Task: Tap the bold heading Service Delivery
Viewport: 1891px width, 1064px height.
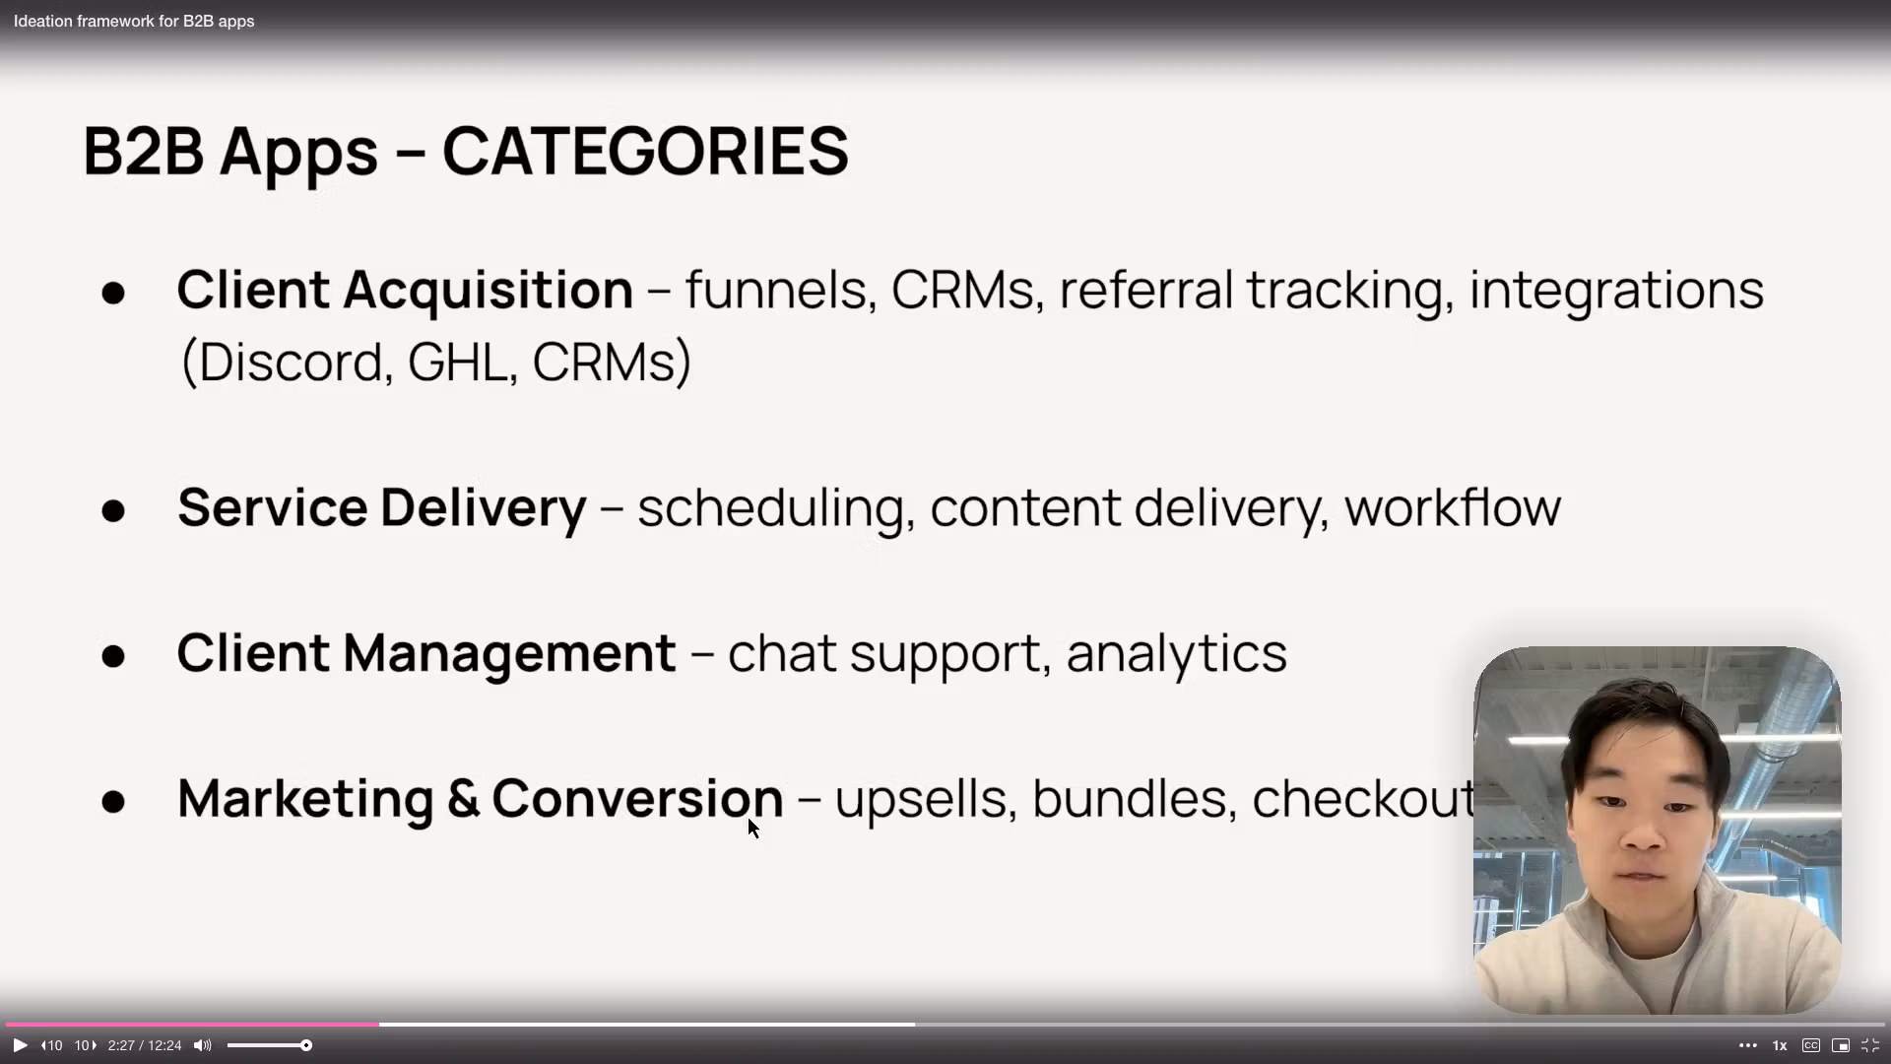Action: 381,508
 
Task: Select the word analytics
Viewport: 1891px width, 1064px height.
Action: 1176,654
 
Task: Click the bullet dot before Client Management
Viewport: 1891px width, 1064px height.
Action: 113,656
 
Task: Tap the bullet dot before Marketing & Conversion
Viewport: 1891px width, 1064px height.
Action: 113,801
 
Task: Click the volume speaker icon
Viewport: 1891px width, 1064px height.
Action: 203,1045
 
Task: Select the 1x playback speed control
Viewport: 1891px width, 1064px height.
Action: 1780,1045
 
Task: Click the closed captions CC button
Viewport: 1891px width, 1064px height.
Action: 1810,1045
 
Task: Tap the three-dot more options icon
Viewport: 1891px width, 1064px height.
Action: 1748,1045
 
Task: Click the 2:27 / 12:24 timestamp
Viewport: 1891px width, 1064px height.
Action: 145,1045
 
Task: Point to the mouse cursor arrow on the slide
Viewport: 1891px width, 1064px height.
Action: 753,829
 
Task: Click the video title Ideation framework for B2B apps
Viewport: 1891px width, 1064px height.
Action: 134,21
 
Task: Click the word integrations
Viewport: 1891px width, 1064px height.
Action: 1616,292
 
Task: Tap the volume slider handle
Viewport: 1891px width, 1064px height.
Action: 306,1045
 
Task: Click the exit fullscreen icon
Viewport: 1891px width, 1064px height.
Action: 1870,1045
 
